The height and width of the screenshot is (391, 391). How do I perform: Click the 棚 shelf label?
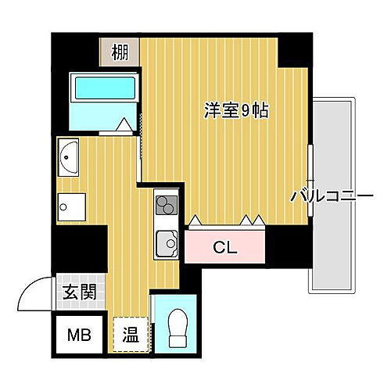[120, 52]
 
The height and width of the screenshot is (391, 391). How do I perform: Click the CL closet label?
[225, 249]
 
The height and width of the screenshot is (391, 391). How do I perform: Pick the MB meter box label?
[78, 336]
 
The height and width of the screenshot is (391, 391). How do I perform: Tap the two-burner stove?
[166, 205]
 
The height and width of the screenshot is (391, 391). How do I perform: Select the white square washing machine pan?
[69, 207]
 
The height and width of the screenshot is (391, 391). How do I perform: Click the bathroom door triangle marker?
[125, 124]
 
